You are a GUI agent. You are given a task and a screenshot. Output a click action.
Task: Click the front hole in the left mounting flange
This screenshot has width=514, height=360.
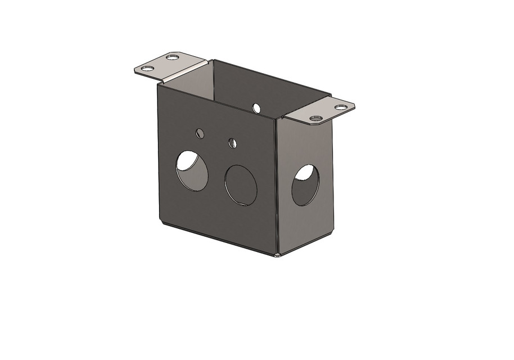[x=147, y=69]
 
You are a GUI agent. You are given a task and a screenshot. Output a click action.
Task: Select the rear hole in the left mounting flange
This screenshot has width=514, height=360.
[x=173, y=57]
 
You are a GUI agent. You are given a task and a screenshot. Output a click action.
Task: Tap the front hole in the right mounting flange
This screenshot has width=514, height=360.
[x=315, y=119]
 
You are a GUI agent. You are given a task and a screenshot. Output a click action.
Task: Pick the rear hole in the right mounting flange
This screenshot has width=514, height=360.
[x=341, y=107]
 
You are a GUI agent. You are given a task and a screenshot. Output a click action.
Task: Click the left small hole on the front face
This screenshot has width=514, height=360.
[x=199, y=133]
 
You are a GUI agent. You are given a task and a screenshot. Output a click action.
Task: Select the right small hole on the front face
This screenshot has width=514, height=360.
[x=233, y=143]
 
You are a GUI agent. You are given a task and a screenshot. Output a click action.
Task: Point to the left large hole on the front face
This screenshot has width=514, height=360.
[x=192, y=171]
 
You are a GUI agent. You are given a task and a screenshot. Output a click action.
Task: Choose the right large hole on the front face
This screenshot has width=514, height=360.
[x=241, y=185]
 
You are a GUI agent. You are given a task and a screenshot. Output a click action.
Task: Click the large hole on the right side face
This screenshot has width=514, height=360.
[x=305, y=184]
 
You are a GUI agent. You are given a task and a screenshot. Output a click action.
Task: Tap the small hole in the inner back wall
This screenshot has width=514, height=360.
[x=256, y=107]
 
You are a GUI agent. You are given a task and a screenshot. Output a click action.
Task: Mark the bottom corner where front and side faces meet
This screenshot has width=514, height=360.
[x=278, y=255]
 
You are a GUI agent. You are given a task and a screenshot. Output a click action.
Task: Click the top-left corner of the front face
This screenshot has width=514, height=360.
[x=157, y=84]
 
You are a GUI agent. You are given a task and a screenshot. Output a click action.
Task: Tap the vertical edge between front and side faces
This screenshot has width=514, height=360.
[x=277, y=186]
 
